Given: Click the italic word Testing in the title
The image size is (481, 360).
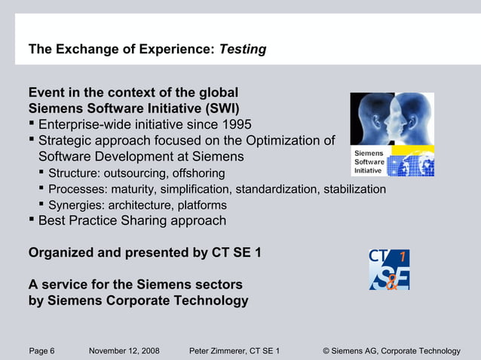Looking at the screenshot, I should point(242,50).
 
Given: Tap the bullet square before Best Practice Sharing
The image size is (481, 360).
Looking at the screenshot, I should point(32,220).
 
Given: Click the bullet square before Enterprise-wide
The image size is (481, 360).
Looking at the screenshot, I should point(32,124).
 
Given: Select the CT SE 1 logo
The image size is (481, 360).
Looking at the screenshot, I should point(389,270).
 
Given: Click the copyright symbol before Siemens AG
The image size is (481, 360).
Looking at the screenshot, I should point(326,351).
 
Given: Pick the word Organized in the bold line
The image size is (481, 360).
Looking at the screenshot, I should point(61,253).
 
